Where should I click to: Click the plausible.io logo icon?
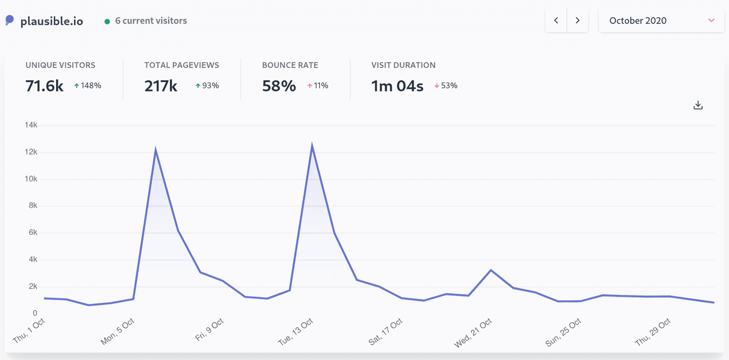pyautogui.click(x=10, y=21)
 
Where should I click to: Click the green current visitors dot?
pyautogui.click(x=107, y=21)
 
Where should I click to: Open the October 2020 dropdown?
pyautogui.click(x=661, y=21)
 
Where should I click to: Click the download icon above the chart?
pyautogui.click(x=698, y=105)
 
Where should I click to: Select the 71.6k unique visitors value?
pyautogui.click(x=45, y=86)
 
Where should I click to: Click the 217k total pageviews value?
pyautogui.click(x=161, y=86)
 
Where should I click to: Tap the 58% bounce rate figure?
pyautogui.click(x=279, y=86)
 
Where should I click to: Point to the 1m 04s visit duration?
pyautogui.click(x=397, y=86)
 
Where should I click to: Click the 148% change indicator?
pyautogui.click(x=88, y=86)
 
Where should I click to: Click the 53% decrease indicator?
pyautogui.click(x=446, y=86)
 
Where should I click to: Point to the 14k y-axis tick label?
pyautogui.click(x=31, y=125)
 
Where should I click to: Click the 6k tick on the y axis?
pyautogui.click(x=33, y=232)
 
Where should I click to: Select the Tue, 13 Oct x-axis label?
pyautogui.click(x=296, y=331)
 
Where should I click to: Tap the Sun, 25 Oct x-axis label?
pyautogui.click(x=564, y=332)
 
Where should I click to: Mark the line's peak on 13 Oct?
pyautogui.click(x=312, y=145)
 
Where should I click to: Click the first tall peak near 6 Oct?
pyautogui.click(x=155, y=150)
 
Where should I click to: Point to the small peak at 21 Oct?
pyautogui.click(x=491, y=270)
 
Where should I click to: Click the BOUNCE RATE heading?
pyautogui.click(x=290, y=65)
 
